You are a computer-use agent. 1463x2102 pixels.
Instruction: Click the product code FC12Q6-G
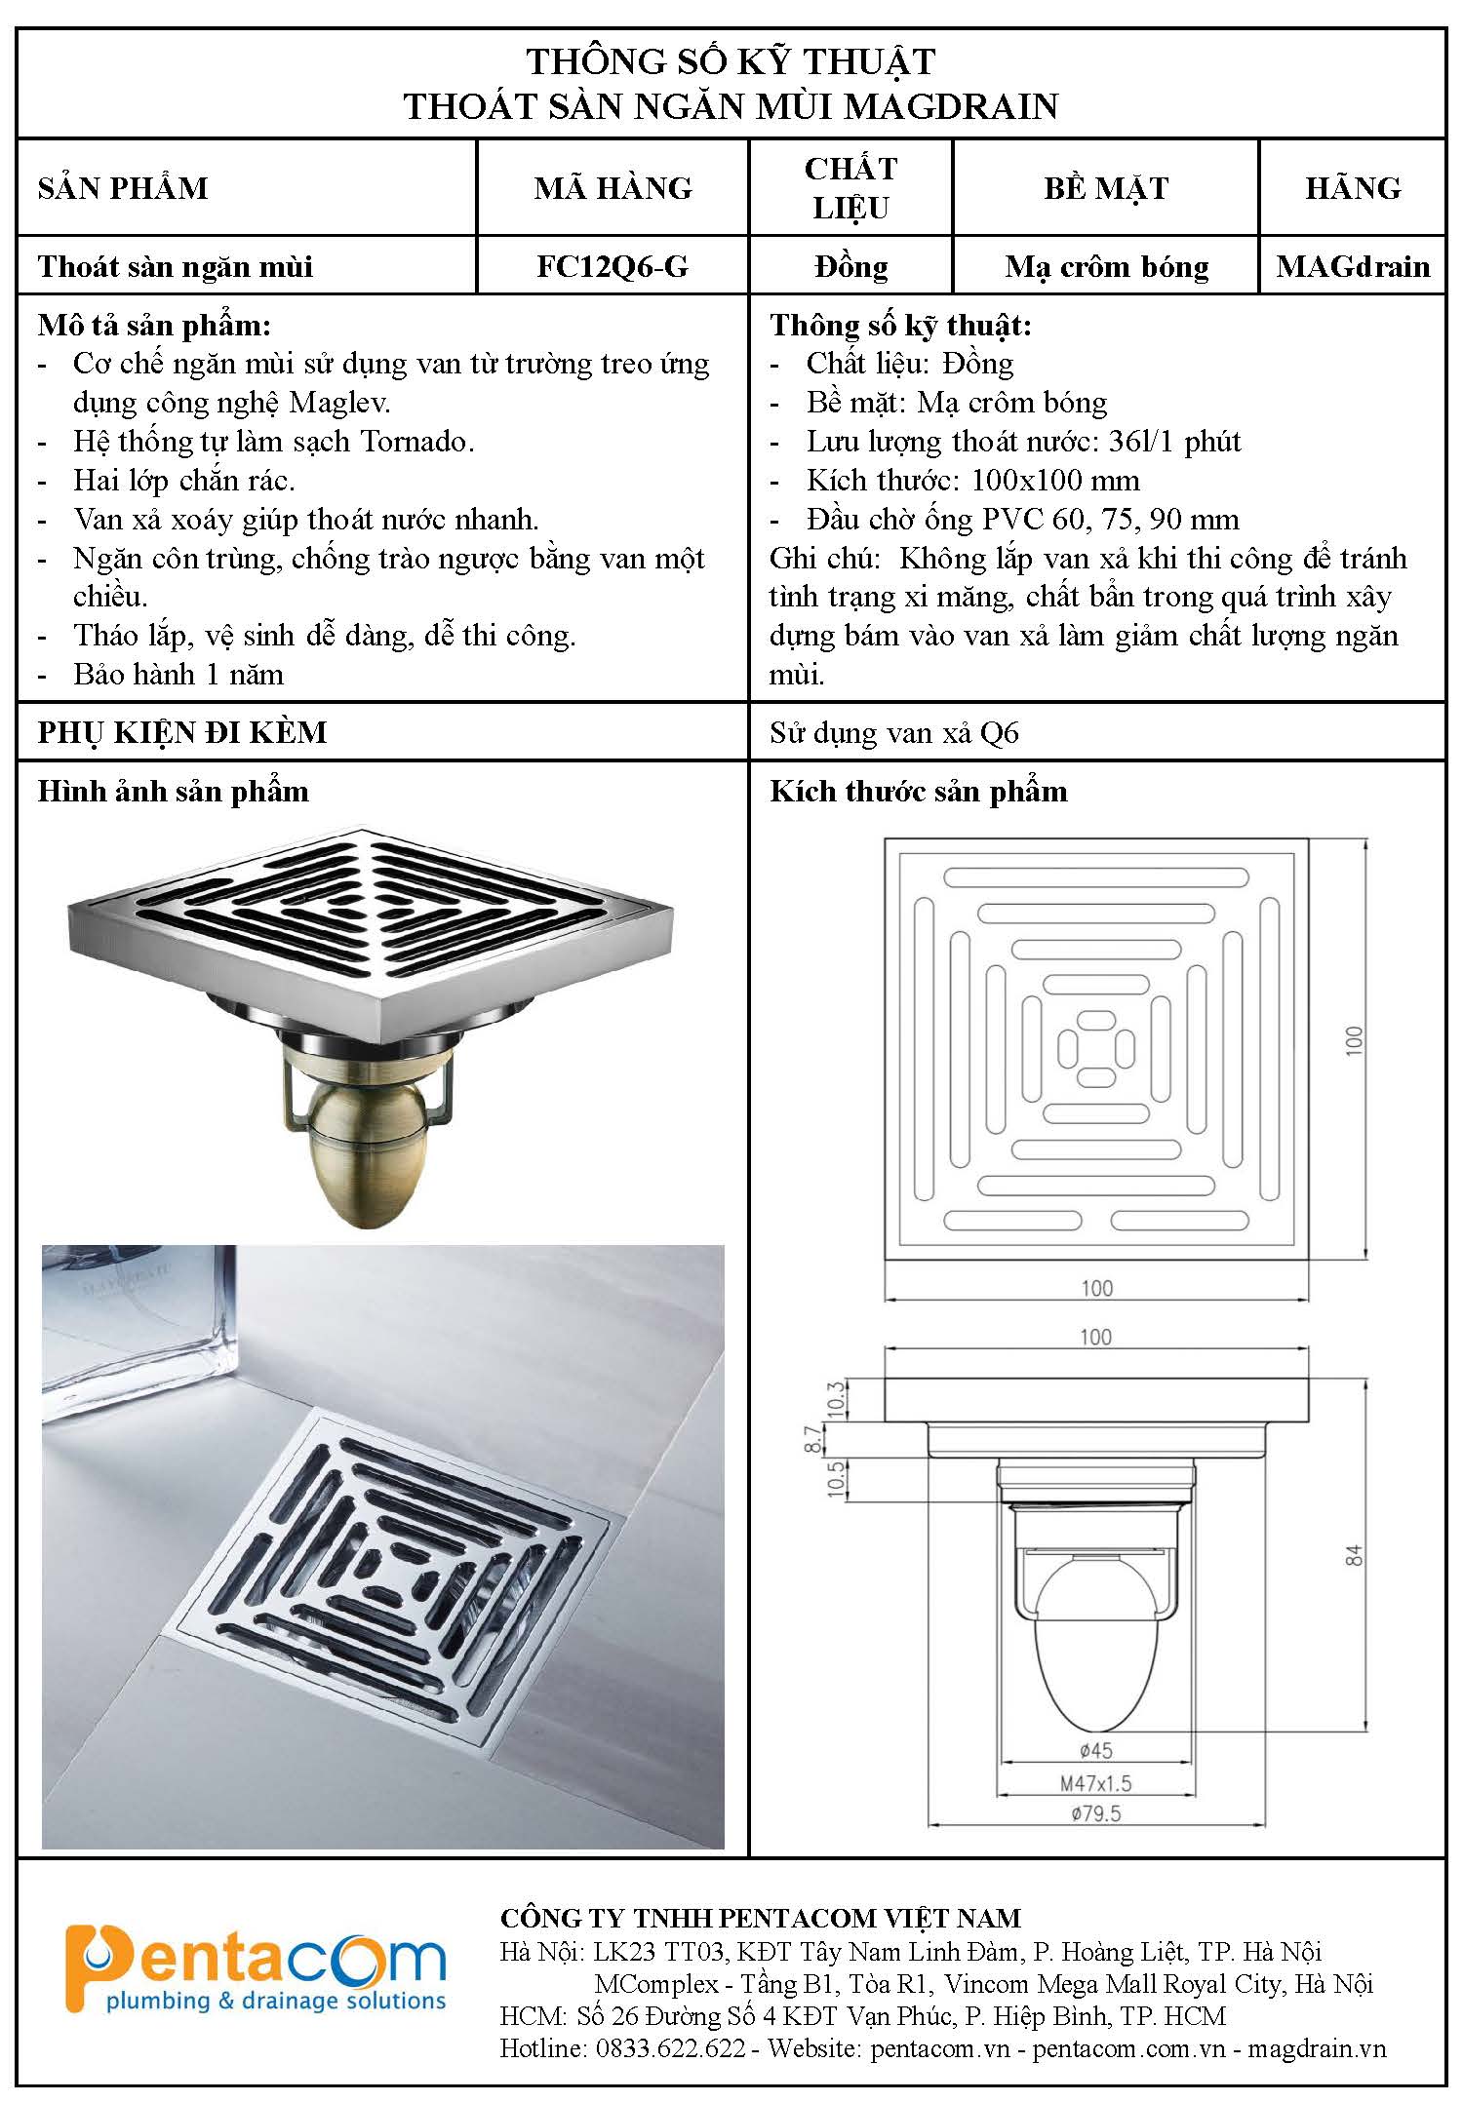(613, 266)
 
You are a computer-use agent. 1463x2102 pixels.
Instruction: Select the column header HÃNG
(1353, 187)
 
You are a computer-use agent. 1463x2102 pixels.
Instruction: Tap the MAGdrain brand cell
(1353, 266)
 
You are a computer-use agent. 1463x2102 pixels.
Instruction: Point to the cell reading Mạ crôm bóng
(1107, 266)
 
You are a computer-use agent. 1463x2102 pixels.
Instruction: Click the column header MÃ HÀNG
(613, 187)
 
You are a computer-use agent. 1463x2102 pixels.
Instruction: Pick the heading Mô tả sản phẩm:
(154, 325)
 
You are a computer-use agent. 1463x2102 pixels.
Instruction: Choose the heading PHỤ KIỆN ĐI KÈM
(182, 732)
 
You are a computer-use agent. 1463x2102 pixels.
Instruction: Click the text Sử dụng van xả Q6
(894, 732)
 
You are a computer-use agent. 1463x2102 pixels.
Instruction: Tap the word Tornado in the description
(416, 442)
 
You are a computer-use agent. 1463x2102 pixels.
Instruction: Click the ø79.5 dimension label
(1095, 1813)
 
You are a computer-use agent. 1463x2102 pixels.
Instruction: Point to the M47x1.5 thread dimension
(1095, 1783)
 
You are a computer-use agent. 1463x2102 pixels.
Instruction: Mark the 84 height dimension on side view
(1354, 1555)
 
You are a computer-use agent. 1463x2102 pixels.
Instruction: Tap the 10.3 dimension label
(835, 1400)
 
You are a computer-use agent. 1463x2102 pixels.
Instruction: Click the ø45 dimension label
(1095, 1752)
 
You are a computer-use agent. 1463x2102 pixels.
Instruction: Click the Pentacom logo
(256, 1969)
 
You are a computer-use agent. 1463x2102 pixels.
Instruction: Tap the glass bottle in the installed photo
(139, 1321)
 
